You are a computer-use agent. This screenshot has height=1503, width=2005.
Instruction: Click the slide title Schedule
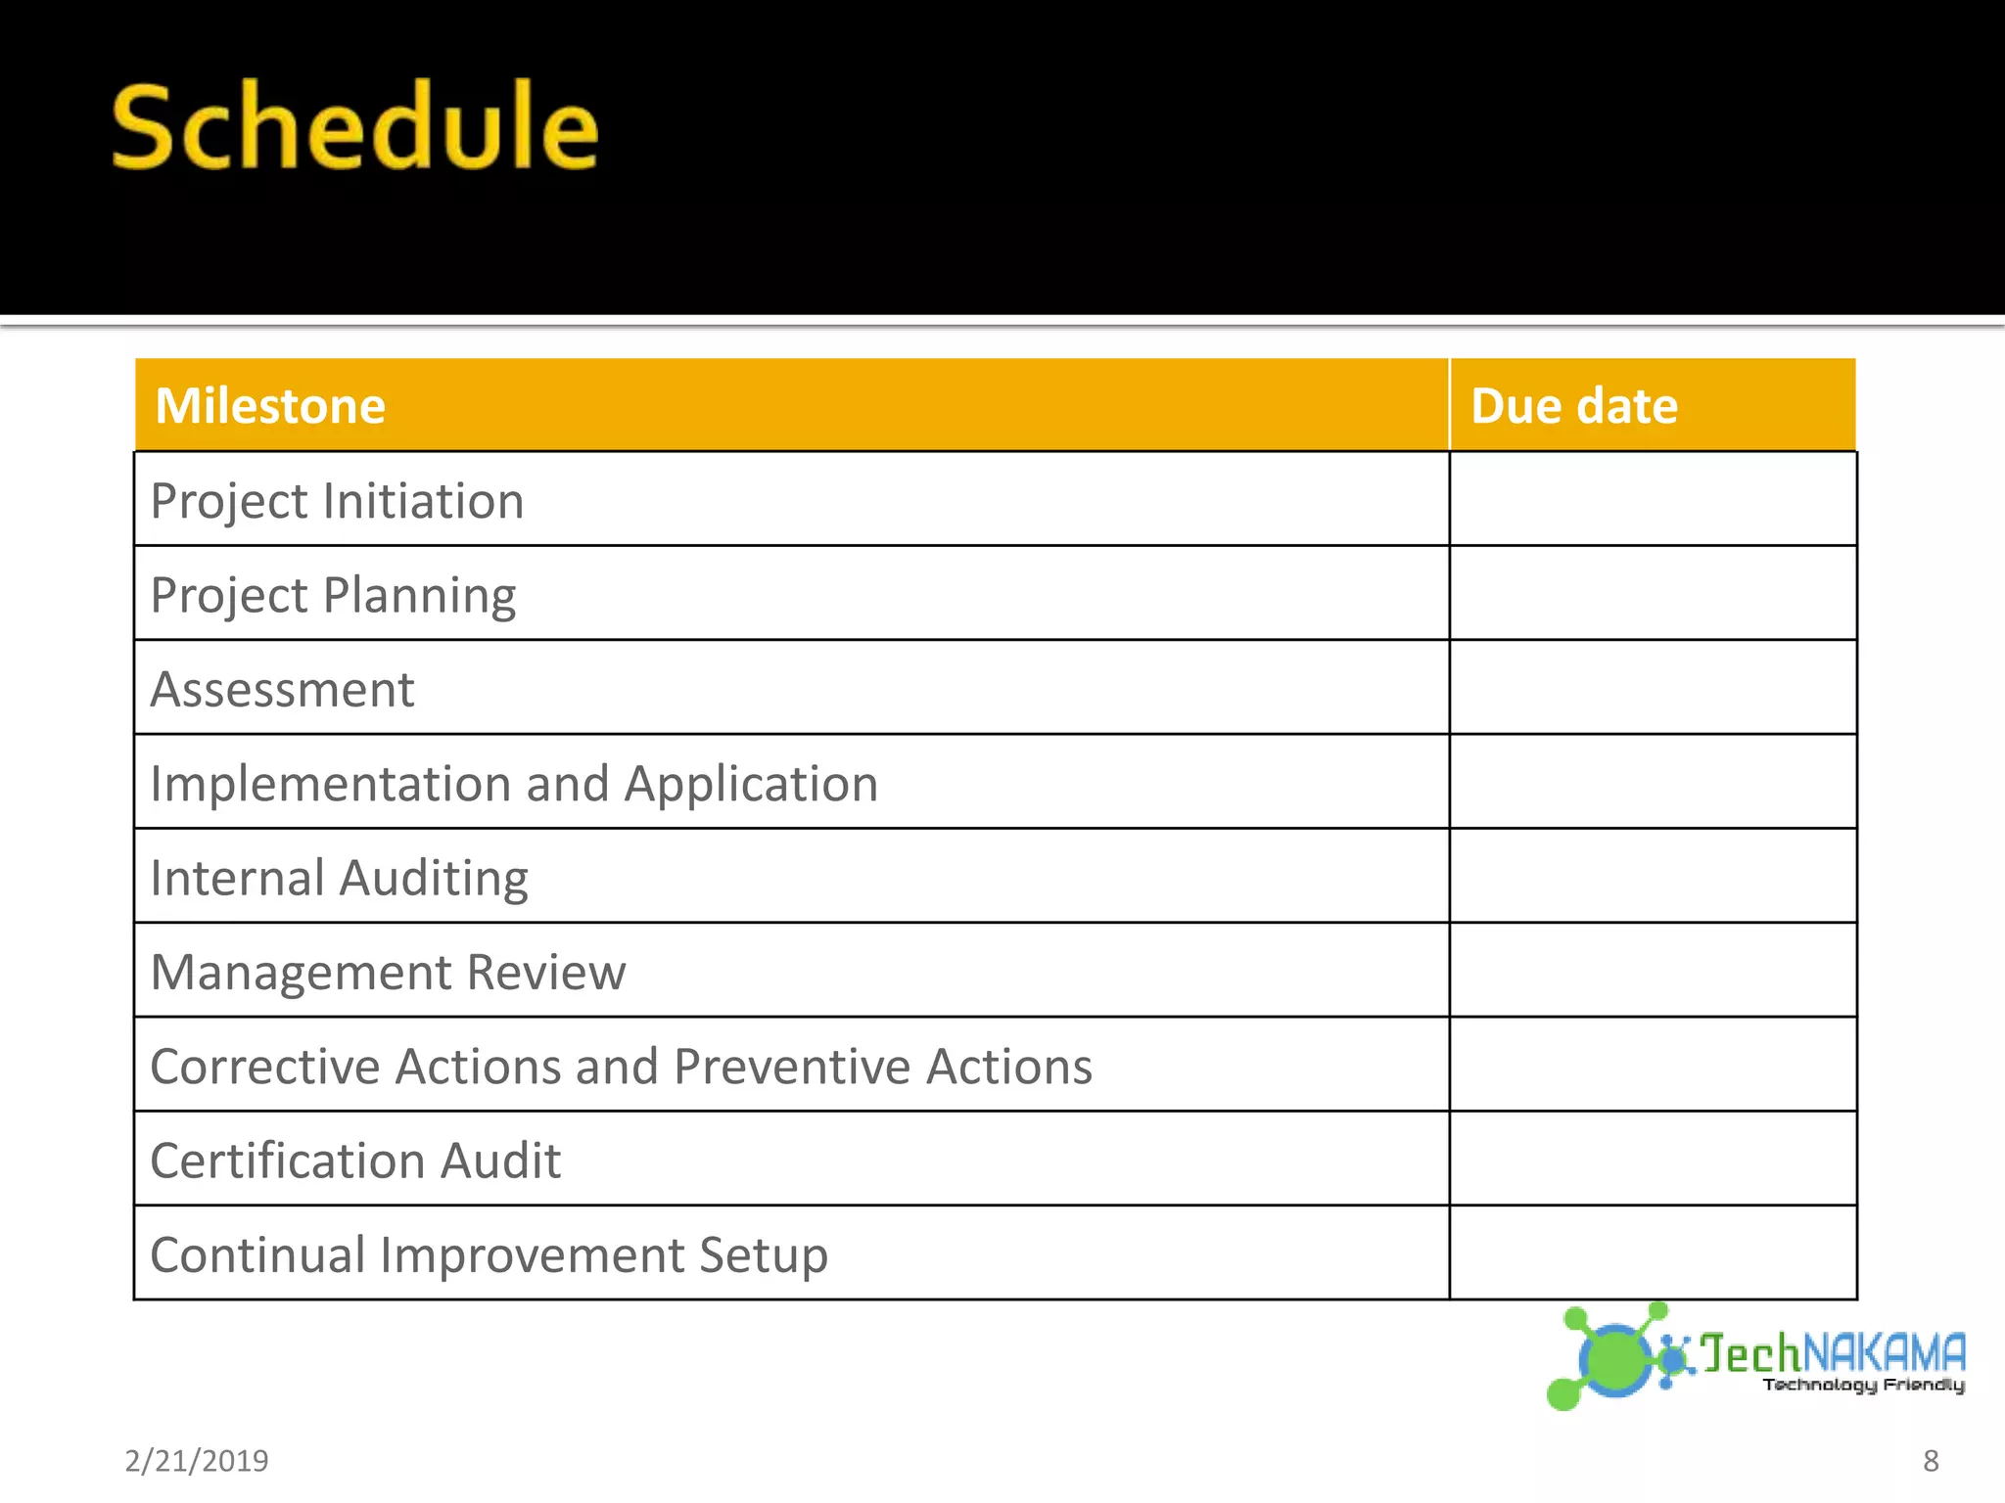(354, 126)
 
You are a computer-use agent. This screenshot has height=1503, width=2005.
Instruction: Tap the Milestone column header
(270, 406)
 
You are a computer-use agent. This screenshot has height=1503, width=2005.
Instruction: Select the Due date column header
(1573, 406)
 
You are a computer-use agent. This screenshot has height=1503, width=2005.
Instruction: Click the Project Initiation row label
(337, 501)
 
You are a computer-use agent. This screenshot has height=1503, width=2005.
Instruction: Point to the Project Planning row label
(333, 595)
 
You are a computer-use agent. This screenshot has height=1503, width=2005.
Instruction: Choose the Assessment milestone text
(282, 689)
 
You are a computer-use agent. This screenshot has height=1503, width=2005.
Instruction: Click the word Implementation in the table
(331, 784)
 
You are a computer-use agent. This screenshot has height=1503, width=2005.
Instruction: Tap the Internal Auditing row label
(339, 878)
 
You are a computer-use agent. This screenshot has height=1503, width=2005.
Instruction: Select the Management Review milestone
(388, 972)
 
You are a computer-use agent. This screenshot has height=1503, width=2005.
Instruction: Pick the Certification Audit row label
(355, 1161)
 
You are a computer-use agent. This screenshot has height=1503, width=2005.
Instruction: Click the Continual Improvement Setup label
(489, 1254)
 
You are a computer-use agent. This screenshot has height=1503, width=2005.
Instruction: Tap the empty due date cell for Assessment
(1653, 688)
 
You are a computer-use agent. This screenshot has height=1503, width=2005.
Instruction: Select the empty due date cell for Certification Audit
(1653, 1159)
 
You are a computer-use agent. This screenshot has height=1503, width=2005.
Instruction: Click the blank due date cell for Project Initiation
(1653, 499)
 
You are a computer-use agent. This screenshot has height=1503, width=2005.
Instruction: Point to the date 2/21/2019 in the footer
(197, 1461)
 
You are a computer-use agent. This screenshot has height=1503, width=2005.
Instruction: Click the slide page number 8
(1931, 1461)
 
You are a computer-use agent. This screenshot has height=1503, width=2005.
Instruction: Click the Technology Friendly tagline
(1863, 1385)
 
